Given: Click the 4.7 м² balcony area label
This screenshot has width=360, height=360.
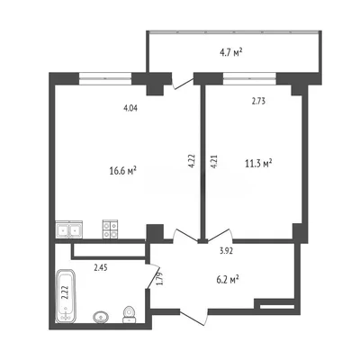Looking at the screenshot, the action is pos(231,53).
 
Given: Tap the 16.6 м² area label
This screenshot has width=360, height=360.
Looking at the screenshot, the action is pos(123,171).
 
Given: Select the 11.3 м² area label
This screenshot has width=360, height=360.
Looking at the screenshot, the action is pos(258,164).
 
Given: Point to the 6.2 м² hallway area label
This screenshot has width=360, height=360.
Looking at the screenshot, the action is pos(228,280).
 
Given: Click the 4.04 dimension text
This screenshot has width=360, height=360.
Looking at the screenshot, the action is pos(130,108).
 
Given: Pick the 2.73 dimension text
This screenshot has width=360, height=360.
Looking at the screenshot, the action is pos(258,102).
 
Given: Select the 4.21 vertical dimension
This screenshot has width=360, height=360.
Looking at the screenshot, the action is pos(213,162).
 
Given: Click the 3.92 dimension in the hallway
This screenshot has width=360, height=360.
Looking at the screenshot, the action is pos(226,251).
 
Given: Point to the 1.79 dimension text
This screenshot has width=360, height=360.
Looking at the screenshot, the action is pos(160,278).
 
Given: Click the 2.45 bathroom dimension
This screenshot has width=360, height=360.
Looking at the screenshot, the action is pos(101,267).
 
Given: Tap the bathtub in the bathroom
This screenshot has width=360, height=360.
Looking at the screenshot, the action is pos(66,296).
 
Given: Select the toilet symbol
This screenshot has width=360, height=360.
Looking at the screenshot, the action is pos(130,314).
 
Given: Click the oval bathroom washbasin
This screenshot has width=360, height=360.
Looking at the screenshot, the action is pos(101,317).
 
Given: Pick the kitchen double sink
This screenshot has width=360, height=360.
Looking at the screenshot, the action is pos(69,229).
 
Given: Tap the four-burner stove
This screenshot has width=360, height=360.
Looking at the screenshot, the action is pos(110,229).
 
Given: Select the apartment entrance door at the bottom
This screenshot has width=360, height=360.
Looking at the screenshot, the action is pos(193,317).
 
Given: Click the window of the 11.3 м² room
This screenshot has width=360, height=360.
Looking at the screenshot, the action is pos(249,79).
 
